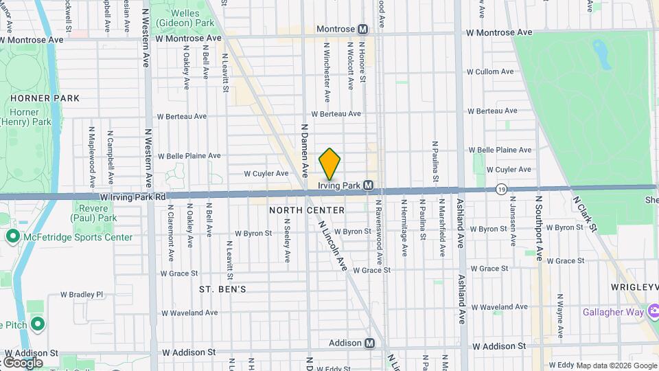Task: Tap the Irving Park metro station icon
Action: pos(369,185)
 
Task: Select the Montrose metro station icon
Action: pos(362,30)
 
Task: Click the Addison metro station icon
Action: pos(370,343)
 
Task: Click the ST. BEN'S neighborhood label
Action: pos(222,289)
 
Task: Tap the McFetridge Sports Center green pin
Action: pos(12,237)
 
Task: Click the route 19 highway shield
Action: pos(502,188)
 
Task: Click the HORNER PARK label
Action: pos(45,98)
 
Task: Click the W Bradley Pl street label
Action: pos(81,294)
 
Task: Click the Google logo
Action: pos(23,362)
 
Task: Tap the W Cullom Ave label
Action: pos(489,71)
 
